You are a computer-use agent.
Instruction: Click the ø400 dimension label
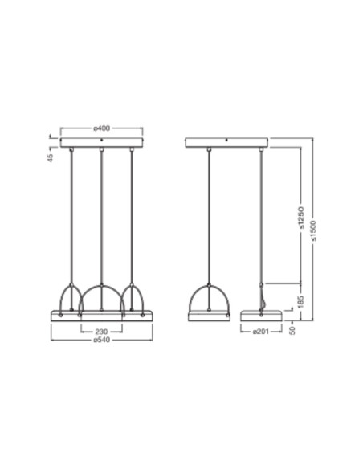tap(101, 128)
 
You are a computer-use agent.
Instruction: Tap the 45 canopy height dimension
tap(50, 157)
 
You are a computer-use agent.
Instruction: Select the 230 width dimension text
tap(101, 330)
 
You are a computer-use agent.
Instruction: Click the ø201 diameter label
tap(260, 330)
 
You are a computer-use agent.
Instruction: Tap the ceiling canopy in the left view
tap(101, 144)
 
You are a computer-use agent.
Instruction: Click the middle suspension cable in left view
tap(101, 217)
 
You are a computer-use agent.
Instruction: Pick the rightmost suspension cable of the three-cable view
tap(132, 217)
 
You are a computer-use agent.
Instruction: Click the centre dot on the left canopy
tap(101, 140)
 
